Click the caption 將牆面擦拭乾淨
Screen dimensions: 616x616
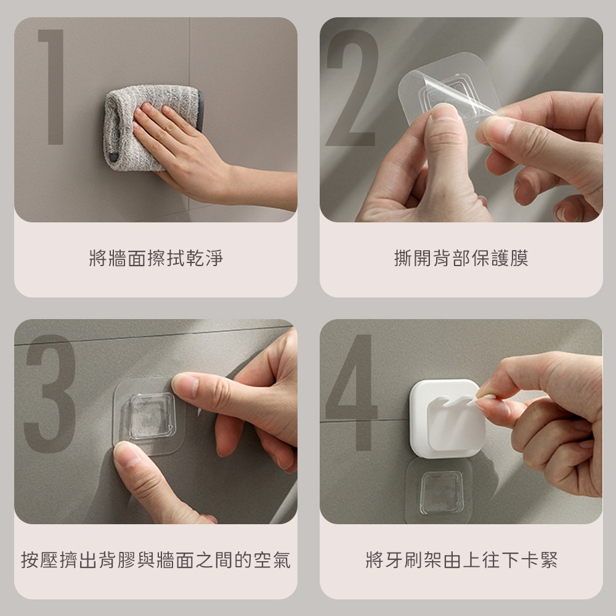coord(156,258)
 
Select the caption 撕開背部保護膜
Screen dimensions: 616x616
coord(461,258)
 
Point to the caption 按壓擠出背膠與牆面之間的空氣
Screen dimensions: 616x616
coord(156,560)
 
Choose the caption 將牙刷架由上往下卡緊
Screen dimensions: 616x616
coord(461,560)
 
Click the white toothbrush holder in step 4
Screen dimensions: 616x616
coord(448,419)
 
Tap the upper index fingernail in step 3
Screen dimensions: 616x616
coord(186,384)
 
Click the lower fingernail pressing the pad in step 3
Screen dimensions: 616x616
coord(126,455)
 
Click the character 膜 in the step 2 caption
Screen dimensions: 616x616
coord(519,258)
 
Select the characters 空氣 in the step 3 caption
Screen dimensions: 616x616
coord(272,560)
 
